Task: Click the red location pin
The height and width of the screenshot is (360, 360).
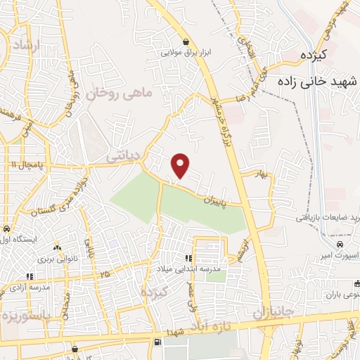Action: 181,165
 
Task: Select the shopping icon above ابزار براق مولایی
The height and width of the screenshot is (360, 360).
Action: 185,41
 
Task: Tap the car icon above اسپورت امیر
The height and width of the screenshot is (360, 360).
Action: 340,244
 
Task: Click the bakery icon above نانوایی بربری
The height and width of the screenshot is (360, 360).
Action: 56,247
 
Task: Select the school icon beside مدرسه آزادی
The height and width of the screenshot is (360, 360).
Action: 29,276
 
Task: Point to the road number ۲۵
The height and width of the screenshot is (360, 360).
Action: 105,273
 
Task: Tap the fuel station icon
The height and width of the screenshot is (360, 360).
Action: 156,342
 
